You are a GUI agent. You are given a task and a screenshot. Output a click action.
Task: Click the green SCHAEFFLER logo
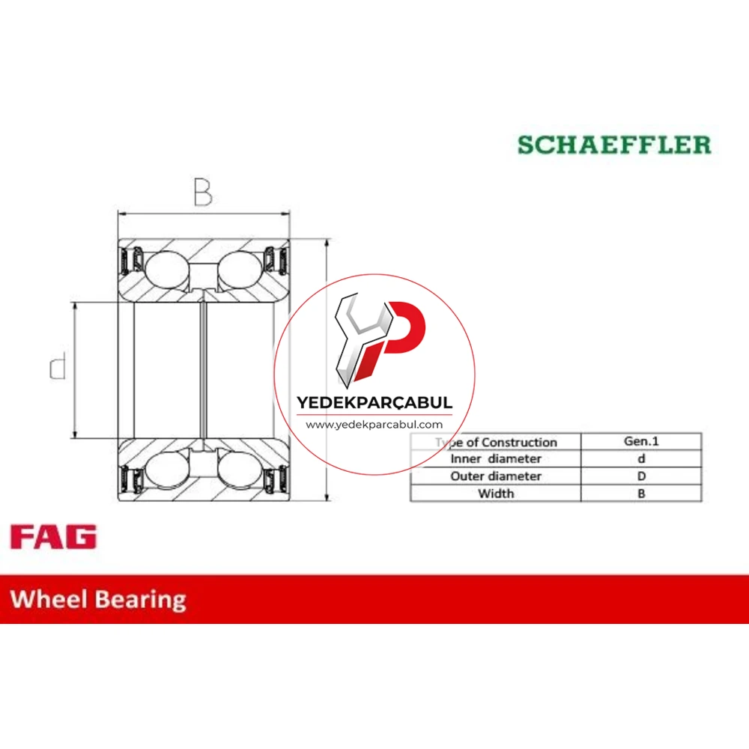coord(614,145)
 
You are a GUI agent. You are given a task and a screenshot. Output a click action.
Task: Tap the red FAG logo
coord(53,536)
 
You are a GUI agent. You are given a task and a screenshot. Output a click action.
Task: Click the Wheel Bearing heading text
coord(98,600)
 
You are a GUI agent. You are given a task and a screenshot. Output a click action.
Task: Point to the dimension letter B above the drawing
coord(203,192)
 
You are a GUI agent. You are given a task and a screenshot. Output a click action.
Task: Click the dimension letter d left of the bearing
coord(58,366)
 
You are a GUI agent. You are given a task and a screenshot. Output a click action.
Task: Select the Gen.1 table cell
coord(641,441)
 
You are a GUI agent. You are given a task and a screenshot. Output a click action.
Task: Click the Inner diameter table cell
coord(496,459)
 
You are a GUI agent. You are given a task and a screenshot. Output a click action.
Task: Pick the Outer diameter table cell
coord(496,476)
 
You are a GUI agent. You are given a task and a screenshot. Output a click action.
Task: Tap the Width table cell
coord(496,494)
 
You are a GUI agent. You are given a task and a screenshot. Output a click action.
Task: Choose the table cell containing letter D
coord(641,476)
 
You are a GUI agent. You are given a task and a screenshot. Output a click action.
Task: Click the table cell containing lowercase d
coord(641,459)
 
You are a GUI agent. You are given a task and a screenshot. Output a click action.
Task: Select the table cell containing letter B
coord(641,494)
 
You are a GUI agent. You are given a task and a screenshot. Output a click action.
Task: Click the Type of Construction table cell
coord(496,442)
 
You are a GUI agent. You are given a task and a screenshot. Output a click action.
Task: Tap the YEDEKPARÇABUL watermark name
coord(374,403)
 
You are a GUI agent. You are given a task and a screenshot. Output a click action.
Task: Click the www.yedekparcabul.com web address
coord(374,425)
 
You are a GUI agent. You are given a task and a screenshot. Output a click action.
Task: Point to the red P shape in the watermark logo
coord(399,334)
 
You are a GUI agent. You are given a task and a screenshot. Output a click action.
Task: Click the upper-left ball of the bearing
coord(167,270)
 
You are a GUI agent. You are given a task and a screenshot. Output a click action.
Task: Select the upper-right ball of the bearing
coord(240,270)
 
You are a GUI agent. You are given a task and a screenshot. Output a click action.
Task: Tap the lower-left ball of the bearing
coord(167,470)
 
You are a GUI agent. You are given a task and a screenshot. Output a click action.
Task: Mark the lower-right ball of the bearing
coord(240,470)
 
